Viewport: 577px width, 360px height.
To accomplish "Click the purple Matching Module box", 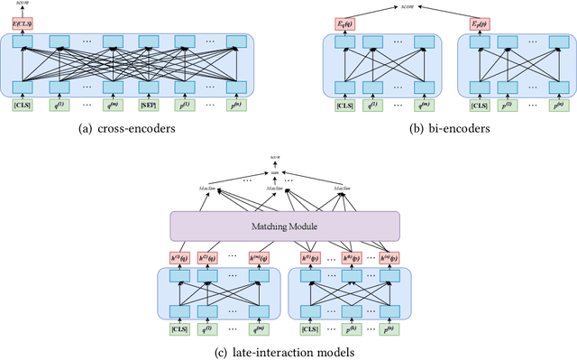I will tap(285, 225).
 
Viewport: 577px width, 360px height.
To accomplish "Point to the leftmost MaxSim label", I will tap(209, 189).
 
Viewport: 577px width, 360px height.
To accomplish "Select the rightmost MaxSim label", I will tap(343, 189).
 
